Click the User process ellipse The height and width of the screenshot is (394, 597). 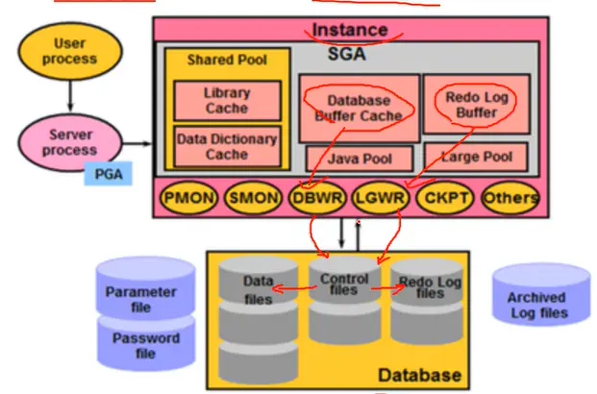point(70,51)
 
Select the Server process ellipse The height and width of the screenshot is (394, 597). point(70,142)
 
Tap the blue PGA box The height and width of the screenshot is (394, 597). point(108,174)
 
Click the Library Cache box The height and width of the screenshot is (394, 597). point(227,101)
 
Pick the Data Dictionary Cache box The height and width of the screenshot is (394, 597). point(227,147)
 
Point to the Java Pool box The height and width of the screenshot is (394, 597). point(360,159)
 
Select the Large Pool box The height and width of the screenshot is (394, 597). point(476,157)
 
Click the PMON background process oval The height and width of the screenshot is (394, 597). point(188,198)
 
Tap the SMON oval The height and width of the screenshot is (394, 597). point(253,198)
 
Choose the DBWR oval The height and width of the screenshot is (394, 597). point(317,198)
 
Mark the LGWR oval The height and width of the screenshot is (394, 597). point(381,198)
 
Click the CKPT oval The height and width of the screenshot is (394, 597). point(445,198)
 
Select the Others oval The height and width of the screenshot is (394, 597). point(510,198)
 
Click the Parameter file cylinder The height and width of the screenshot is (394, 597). point(146,289)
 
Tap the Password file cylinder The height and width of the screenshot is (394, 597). point(146,344)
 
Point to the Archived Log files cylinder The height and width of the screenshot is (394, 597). point(541,295)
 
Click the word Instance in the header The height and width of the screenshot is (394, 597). point(350,30)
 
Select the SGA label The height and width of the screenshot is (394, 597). point(346,54)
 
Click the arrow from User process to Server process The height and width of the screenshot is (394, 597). point(70,96)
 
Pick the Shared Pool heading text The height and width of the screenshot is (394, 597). point(227,60)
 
